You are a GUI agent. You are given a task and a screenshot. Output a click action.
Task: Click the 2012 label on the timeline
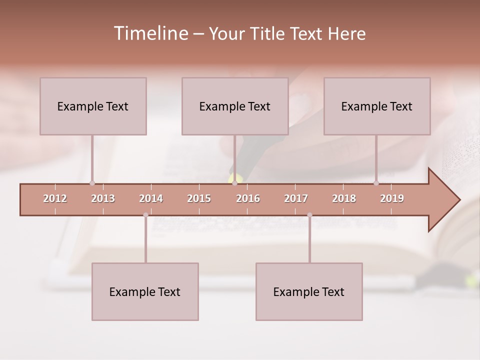pos(55,198)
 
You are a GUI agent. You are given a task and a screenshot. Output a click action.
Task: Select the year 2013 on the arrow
pos(103,198)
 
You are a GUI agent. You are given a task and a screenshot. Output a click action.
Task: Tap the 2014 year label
pos(151,198)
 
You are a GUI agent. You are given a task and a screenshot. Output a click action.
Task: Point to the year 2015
pos(199,198)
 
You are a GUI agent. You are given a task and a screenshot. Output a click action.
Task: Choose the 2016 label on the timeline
pos(248,198)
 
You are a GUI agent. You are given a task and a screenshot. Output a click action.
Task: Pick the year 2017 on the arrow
pos(296,198)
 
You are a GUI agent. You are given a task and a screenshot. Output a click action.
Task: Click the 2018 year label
pos(344,198)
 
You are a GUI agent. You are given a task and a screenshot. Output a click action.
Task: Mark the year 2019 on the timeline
pos(392,198)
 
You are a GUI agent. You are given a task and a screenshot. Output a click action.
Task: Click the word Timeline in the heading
pos(150,33)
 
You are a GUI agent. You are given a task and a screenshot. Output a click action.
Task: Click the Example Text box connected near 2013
pos(93,106)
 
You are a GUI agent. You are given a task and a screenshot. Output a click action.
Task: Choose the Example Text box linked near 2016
pos(235,106)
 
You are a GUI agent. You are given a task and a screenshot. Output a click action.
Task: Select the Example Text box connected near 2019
pos(377,106)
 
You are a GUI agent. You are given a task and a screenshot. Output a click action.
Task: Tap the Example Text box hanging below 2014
pos(145,291)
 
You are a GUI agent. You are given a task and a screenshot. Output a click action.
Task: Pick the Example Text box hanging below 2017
pos(309,291)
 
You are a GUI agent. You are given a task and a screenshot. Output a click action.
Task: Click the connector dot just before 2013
pos(92,183)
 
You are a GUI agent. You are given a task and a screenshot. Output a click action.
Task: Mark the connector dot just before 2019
pos(376,183)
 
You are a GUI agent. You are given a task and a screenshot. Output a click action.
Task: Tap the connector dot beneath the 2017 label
pos(309,215)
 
